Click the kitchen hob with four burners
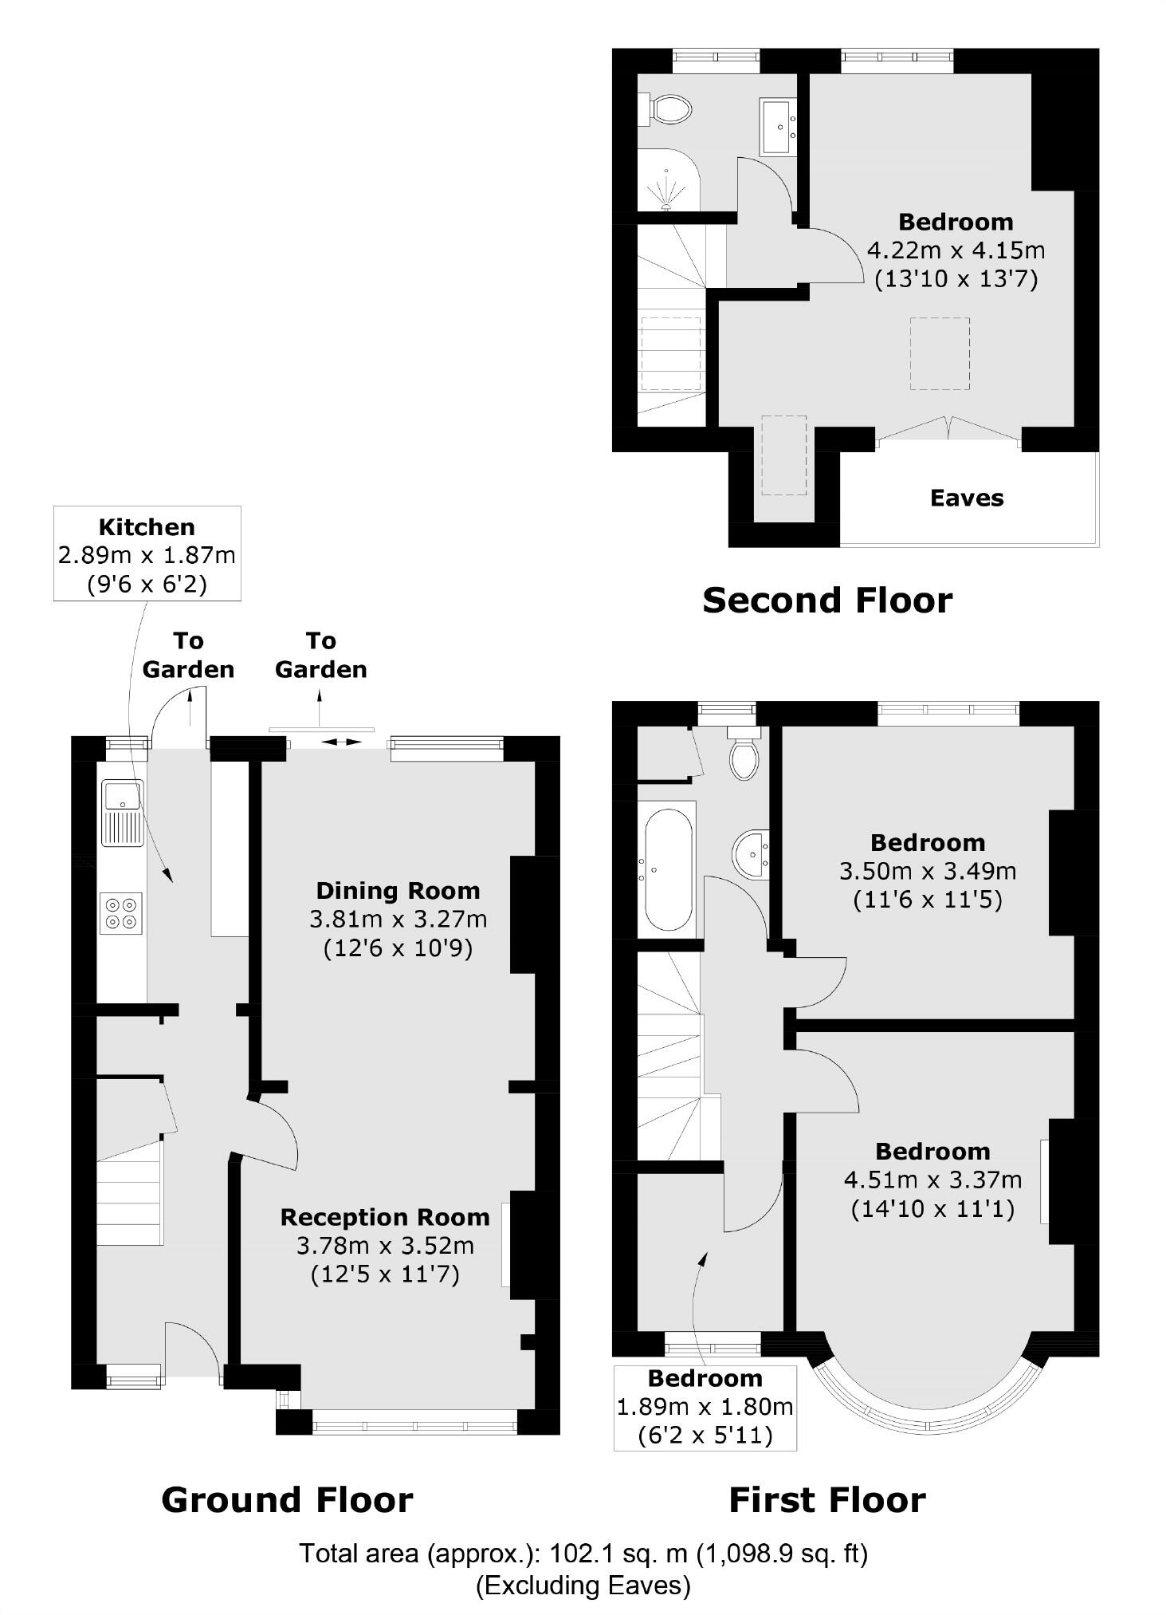click(x=122, y=913)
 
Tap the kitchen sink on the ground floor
click(x=122, y=812)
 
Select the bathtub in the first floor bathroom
click(x=668, y=870)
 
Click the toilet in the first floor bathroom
click(x=744, y=757)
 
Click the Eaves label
click(x=967, y=498)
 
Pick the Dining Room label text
click(x=398, y=891)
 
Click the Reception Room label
click(x=385, y=1217)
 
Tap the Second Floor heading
click(x=827, y=601)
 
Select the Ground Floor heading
click(x=287, y=1500)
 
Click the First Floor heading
click(x=827, y=1500)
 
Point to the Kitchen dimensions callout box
click(x=147, y=554)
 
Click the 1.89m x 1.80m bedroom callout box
click(x=705, y=1407)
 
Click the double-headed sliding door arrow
click(x=340, y=743)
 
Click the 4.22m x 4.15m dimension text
click(x=956, y=250)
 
